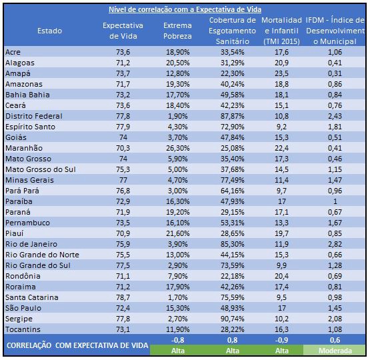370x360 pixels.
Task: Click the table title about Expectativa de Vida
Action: point(185,9)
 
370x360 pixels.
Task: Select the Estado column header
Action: point(49,31)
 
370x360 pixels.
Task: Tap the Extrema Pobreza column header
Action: point(177,31)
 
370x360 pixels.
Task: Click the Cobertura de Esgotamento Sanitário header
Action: point(233,31)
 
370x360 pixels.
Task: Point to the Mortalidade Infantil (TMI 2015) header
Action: point(281,31)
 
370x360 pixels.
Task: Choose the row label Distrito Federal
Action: point(34,116)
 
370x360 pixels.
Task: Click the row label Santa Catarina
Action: point(32,297)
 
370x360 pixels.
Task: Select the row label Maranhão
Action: point(24,148)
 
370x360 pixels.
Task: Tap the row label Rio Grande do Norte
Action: point(42,255)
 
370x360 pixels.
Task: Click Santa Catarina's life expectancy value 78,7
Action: point(123,297)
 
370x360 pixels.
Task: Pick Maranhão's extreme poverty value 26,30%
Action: point(178,148)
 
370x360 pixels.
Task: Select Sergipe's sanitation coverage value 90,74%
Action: point(233,319)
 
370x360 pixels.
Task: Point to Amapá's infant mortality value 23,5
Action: point(281,73)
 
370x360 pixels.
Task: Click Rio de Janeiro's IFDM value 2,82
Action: point(335,244)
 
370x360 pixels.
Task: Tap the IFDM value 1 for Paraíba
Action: point(335,201)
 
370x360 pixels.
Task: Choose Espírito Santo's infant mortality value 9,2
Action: point(281,127)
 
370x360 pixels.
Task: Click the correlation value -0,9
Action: point(281,340)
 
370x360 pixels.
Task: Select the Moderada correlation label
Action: point(335,351)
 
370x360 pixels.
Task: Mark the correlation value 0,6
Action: point(335,340)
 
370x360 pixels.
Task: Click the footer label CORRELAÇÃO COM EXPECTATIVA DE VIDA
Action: point(77,345)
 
